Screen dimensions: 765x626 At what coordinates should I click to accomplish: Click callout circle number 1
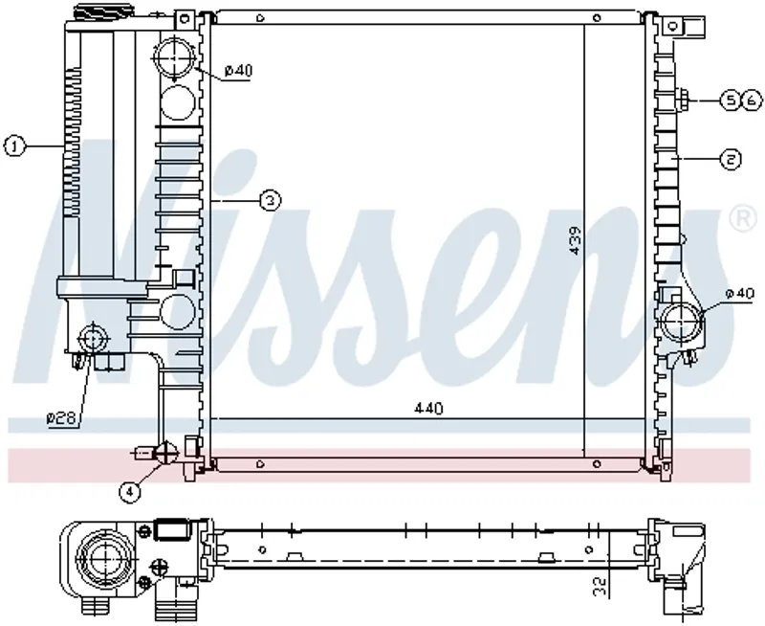tap(14, 146)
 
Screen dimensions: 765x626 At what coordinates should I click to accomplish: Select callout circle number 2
tap(731, 159)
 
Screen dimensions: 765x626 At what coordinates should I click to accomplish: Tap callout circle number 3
tap(271, 200)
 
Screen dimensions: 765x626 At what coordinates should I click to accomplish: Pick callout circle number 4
tap(129, 491)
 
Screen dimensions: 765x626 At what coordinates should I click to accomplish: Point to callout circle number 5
tap(731, 101)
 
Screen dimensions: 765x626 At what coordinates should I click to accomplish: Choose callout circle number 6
tap(752, 101)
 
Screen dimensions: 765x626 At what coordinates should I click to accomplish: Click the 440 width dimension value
tap(428, 408)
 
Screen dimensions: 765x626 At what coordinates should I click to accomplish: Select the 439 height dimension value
tap(576, 240)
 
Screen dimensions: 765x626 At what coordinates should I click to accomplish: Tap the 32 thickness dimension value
tap(601, 586)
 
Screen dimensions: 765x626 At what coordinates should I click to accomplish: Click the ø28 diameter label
tap(61, 418)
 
